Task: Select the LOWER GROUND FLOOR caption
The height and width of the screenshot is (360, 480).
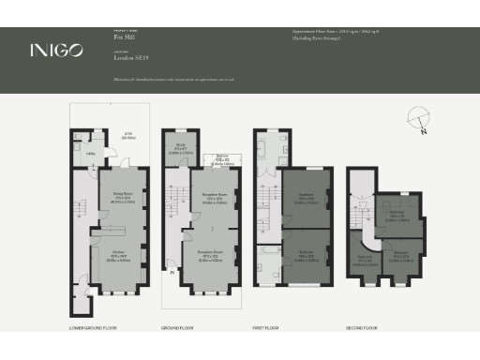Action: [x=92, y=328]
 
